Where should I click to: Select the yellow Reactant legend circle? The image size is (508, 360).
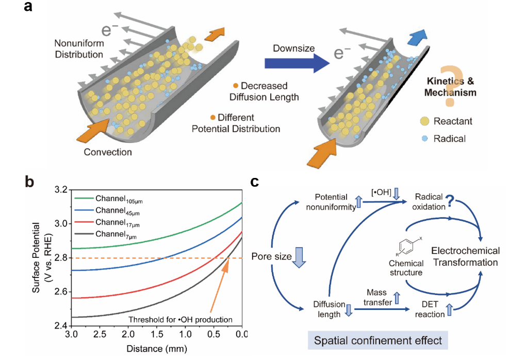(424, 121)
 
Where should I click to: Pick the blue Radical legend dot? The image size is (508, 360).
(424, 138)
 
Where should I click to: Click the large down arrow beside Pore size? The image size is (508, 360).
(300, 256)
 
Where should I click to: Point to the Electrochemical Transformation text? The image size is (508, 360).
(466, 256)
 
